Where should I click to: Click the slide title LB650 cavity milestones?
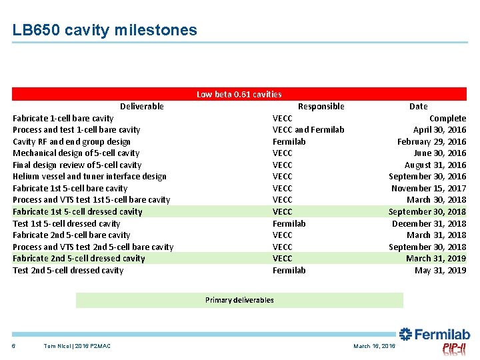point(105,30)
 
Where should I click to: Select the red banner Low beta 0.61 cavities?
point(239,95)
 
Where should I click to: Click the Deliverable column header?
point(141,106)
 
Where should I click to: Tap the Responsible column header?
point(321,106)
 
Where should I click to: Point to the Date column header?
point(418,106)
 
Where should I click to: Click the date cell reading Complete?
point(447,118)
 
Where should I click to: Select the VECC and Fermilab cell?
point(308,130)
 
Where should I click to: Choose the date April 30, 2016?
point(439,130)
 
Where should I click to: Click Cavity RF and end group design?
point(71,141)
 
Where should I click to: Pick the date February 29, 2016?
point(431,141)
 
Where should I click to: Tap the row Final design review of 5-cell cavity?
point(77,165)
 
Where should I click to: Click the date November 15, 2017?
point(429,189)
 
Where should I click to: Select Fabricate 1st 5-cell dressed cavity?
point(77,212)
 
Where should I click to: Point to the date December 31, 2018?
point(429,224)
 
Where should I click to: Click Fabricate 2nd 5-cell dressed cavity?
point(79,259)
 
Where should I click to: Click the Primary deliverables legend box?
point(239,300)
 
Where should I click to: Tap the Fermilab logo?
point(435,335)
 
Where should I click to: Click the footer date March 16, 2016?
point(374,346)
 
